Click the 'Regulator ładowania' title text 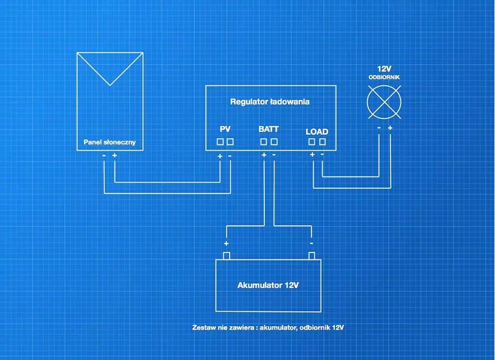tap(269, 102)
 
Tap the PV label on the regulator tap(225, 129)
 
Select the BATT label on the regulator tap(269, 129)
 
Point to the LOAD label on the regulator tap(317, 131)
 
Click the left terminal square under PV tap(220, 142)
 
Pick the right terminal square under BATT tap(274, 142)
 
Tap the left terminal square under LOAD tap(312, 142)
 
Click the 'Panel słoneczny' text tap(110, 142)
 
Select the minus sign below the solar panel tap(104, 155)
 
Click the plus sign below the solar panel tap(115, 155)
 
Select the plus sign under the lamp tap(390, 128)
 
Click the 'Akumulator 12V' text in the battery tap(268, 285)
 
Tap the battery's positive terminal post tap(226, 255)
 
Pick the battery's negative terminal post tap(311, 255)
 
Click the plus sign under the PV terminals tap(220, 156)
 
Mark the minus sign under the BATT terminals tap(274, 154)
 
